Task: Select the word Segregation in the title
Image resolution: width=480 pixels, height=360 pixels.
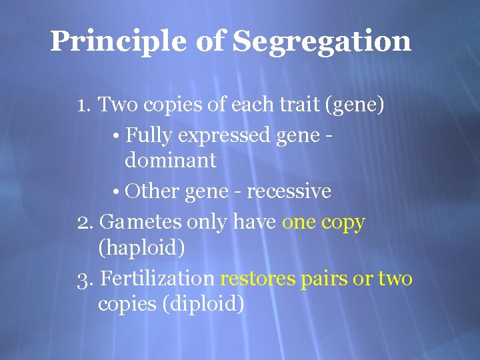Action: (x=323, y=42)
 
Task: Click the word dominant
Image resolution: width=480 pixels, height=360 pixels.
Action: (x=170, y=160)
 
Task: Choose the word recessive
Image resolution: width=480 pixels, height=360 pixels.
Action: (x=289, y=192)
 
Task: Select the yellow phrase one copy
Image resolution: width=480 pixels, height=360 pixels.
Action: (x=323, y=223)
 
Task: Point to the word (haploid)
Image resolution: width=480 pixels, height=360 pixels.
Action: (x=141, y=248)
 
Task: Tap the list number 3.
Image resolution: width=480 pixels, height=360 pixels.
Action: (x=84, y=279)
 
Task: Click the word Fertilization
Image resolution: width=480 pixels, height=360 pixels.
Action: (x=157, y=279)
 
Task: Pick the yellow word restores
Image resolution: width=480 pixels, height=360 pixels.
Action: (x=258, y=279)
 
